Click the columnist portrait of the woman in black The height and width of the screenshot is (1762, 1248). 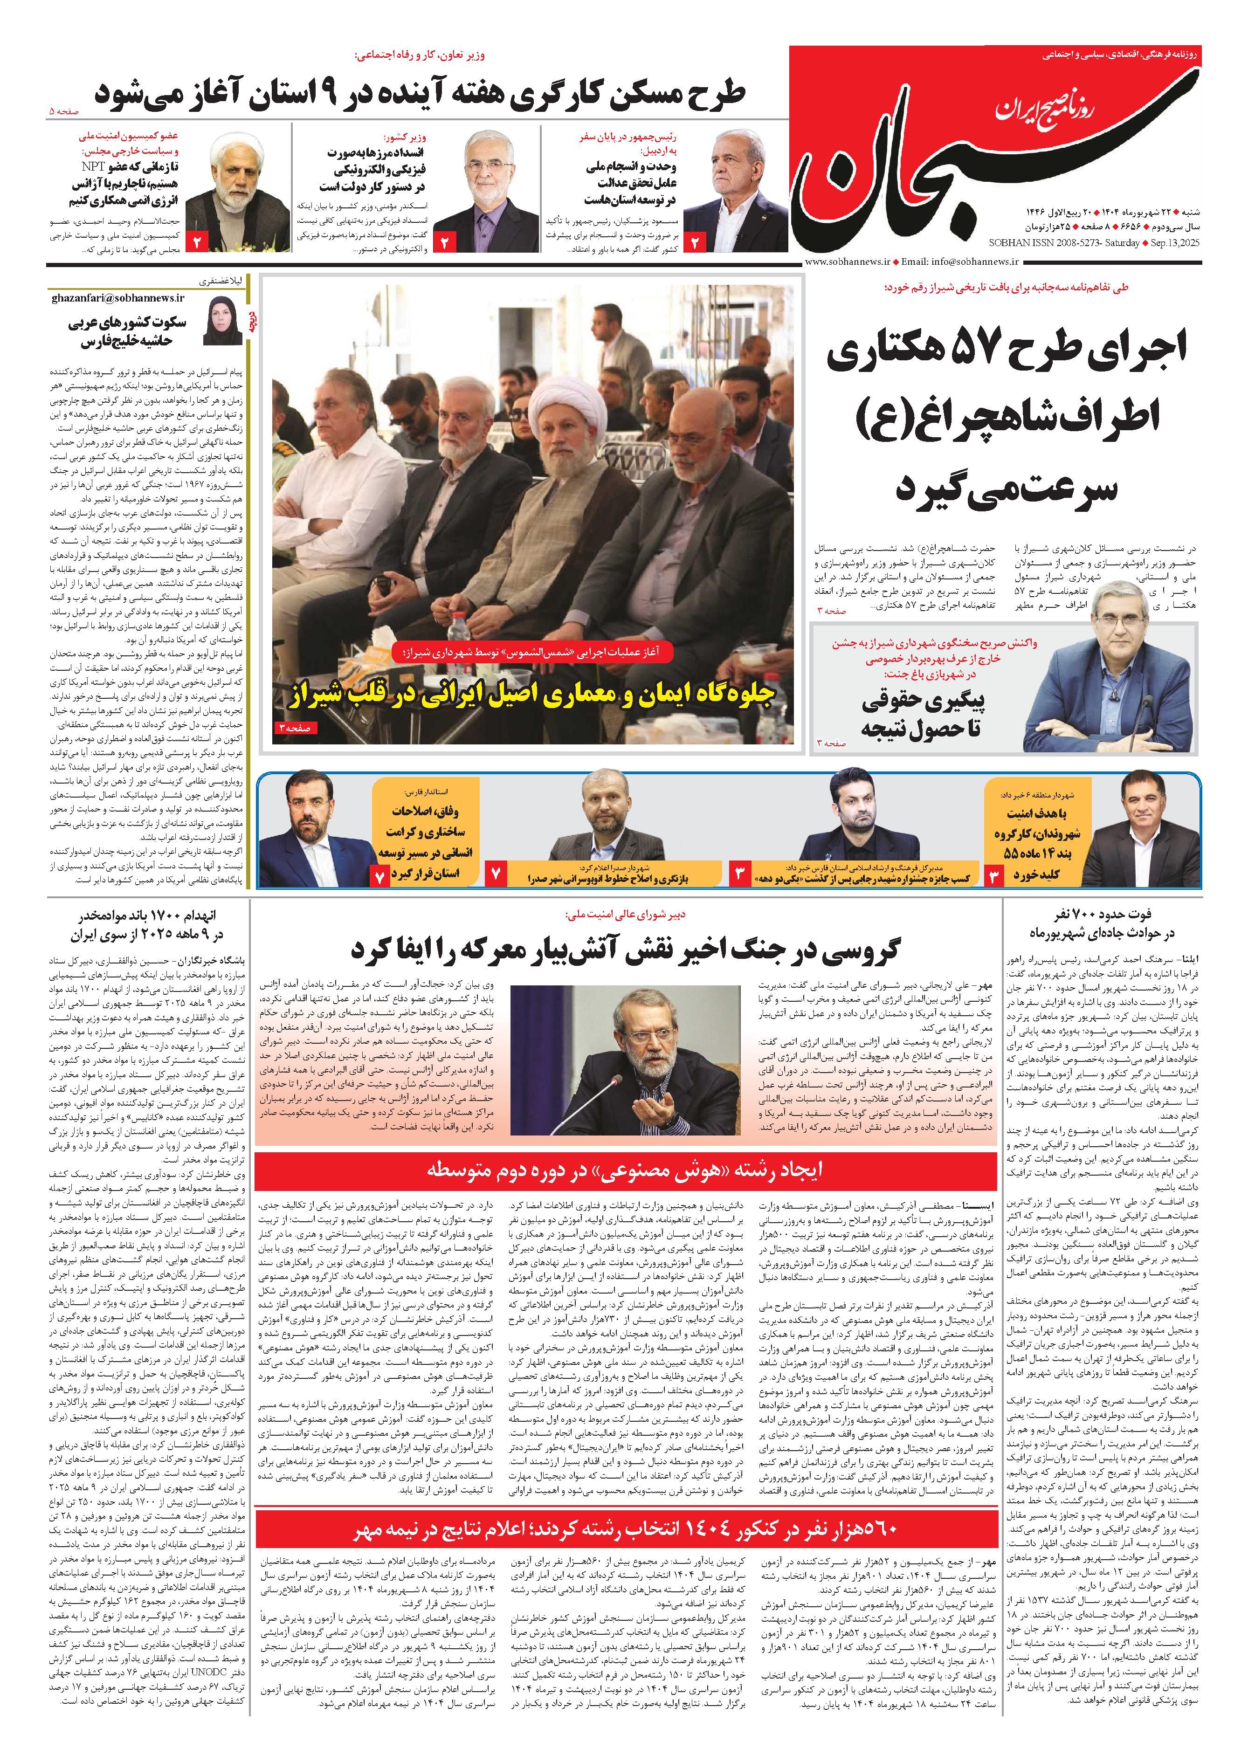[223, 321]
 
